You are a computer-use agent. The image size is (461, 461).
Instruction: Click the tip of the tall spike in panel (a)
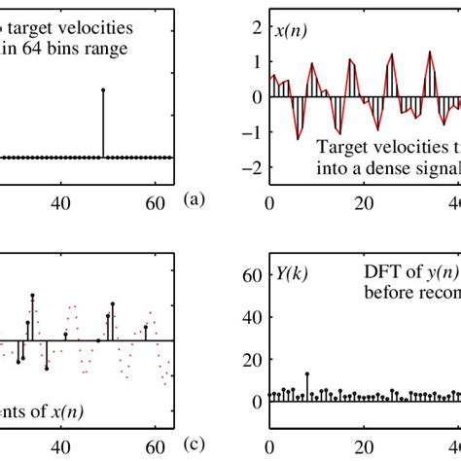click(x=103, y=89)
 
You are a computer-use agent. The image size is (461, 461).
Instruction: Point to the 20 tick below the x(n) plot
click(x=363, y=204)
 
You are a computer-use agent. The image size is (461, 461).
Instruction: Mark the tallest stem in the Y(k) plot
click(x=307, y=373)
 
